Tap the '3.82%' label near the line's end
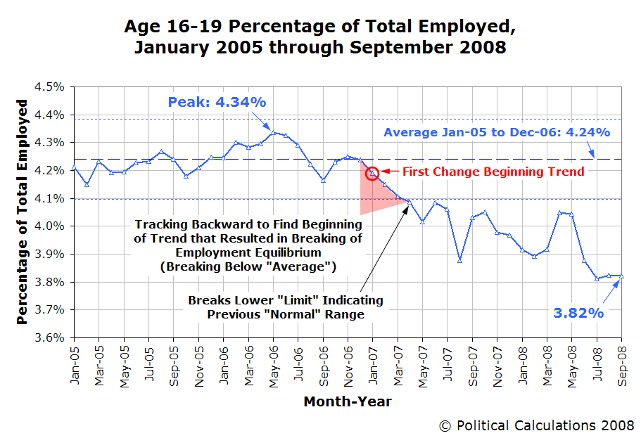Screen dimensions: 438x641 point(578,313)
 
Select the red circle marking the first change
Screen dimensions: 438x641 point(373,173)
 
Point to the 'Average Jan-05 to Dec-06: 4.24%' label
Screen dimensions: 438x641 point(496,132)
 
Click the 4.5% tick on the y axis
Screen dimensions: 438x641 point(50,87)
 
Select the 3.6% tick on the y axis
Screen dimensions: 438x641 point(50,337)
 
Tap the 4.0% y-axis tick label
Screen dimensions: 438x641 point(50,226)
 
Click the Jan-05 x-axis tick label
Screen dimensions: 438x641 point(74,359)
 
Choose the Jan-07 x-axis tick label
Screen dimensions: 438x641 point(373,359)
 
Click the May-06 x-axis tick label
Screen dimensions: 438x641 point(274,359)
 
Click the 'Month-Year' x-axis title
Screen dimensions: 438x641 point(348,401)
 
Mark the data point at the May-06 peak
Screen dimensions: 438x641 point(274,131)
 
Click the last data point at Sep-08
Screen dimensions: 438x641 point(621,276)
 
